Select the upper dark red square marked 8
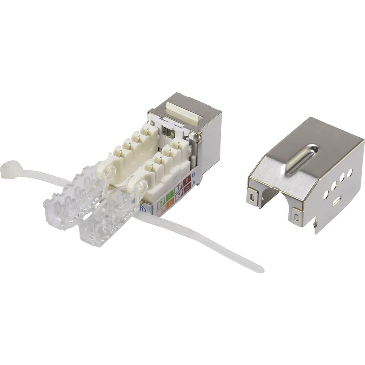tap(187, 180)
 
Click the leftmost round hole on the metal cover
tap(326, 195)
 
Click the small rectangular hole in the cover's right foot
tap(296, 218)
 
